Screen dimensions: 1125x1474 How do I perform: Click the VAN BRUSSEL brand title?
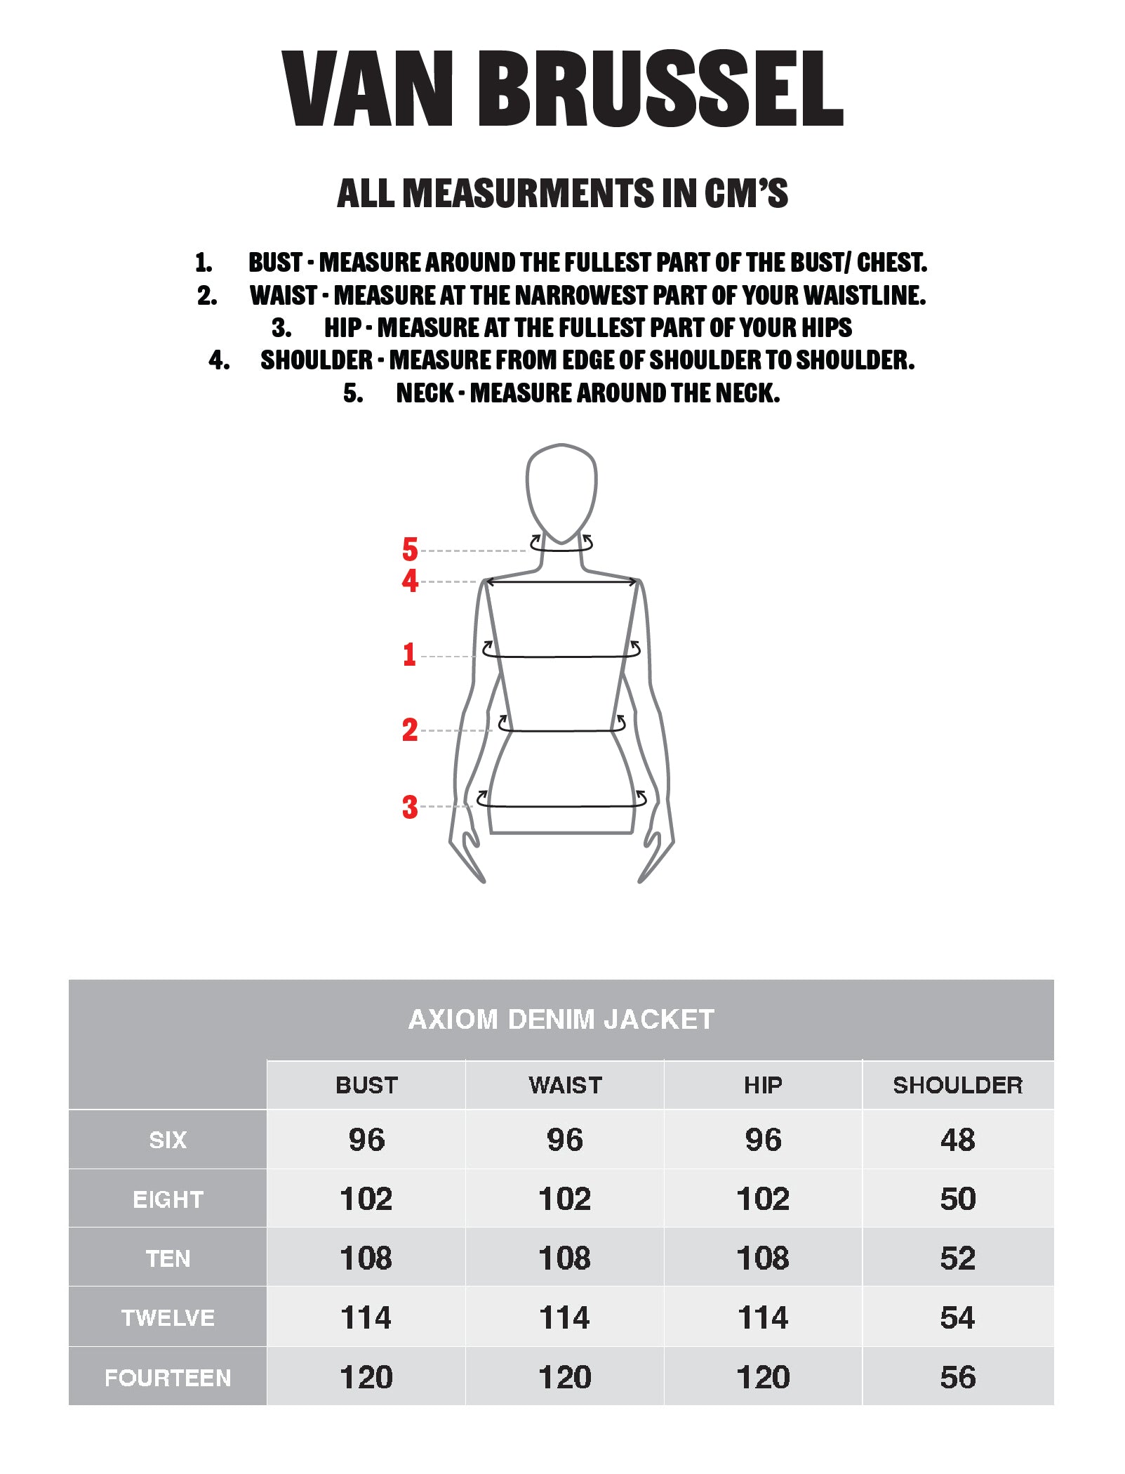pyautogui.click(x=562, y=88)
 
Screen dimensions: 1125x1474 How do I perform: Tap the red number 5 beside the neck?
pyautogui.click(x=410, y=549)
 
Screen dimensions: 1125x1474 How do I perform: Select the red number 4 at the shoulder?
pyautogui.click(x=410, y=581)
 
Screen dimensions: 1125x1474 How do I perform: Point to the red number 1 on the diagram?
pyautogui.click(x=410, y=654)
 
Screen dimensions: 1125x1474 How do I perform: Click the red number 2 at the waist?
pyautogui.click(x=410, y=730)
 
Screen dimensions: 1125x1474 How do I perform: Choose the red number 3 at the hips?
pyautogui.click(x=410, y=807)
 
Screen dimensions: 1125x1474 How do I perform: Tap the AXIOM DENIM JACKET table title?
pyautogui.click(x=561, y=1019)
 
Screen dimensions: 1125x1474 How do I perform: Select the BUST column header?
pyautogui.click(x=366, y=1085)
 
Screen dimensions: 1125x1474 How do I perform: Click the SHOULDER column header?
pyautogui.click(x=958, y=1085)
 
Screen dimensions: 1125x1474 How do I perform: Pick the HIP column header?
pyautogui.click(x=763, y=1085)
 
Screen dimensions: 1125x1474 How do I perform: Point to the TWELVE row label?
pyautogui.click(x=168, y=1317)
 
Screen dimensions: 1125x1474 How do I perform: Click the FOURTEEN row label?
pyautogui.click(x=168, y=1378)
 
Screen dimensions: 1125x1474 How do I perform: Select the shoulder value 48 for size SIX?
pyautogui.click(x=958, y=1140)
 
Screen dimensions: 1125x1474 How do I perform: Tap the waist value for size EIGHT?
pyautogui.click(x=565, y=1199)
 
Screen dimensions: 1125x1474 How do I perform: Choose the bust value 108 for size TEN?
pyautogui.click(x=366, y=1258)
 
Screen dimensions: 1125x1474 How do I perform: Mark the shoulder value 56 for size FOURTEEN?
pyautogui.click(x=958, y=1377)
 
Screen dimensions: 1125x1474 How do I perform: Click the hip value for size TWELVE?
pyautogui.click(x=763, y=1317)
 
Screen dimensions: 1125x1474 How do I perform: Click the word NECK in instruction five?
pyautogui.click(x=425, y=393)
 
